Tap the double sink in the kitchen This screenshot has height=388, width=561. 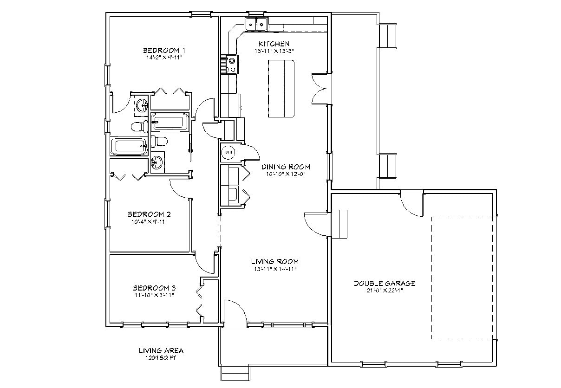pyautogui.click(x=256, y=25)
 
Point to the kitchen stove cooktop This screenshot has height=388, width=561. pyautogui.click(x=231, y=64)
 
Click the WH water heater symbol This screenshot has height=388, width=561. pyautogui.click(x=228, y=152)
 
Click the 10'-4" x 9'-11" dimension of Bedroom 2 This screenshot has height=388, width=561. pyautogui.click(x=149, y=221)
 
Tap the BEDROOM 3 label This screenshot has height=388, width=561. pyautogui.click(x=154, y=288)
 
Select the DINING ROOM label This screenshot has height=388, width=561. pyautogui.click(x=285, y=167)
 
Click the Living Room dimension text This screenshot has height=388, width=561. pyautogui.click(x=275, y=269)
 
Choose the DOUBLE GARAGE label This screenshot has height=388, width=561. pyautogui.click(x=385, y=283)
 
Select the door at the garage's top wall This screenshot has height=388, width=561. pyautogui.click(x=411, y=201)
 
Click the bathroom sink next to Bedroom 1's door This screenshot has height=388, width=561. pyautogui.click(x=141, y=105)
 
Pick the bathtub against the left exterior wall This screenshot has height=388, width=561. pyautogui.click(x=128, y=147)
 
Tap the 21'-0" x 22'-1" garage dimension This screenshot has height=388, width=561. pyautogui.click(x=385, y=291)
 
